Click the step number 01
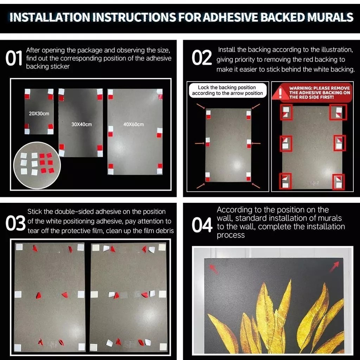[x=14, y=58]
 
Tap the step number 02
[x=201, y=57]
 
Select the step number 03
[x=15, y=223]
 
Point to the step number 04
[x=202, y=225]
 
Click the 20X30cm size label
[x=39, y=114]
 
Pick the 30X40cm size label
[x=82, y=124]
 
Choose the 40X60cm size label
[x=134, y=124]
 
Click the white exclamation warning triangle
[x=280, y=92]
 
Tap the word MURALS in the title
[x=329, y=17]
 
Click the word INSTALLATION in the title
[x=50, y=17]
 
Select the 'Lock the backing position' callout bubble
[x=227, y=90]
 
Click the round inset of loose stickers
[x=37, y=165]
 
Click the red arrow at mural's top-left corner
[x=214, y=269]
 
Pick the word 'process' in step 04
[x=231, y=235]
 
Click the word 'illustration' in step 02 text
[x=337, y=50]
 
